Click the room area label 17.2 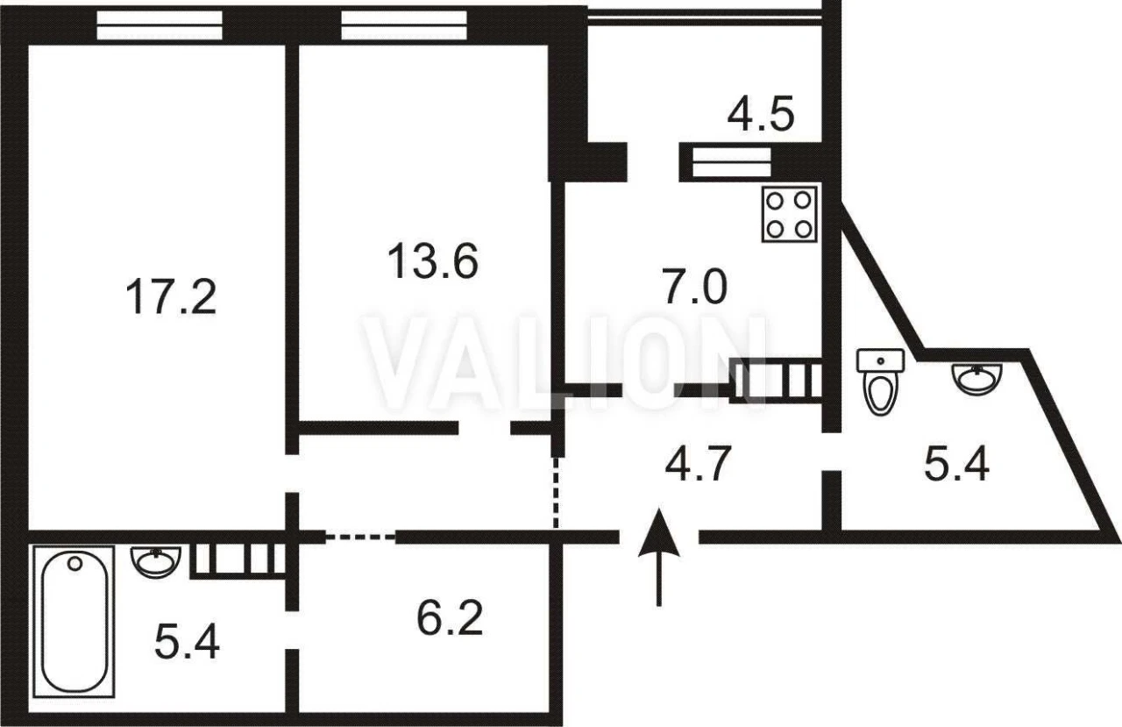[171, 297]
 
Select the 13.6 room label [433, 260]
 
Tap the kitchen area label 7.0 [695, 286]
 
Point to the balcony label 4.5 [761, 115]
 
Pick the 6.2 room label [450, 618]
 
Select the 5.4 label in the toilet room [956, 465]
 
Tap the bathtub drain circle [75, 563]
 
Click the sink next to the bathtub [156, 562]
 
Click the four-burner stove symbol [789, 215]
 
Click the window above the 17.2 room [160, 25]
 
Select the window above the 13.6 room [404, 25]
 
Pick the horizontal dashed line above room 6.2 [360, 538]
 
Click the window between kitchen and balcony [732, 162]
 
